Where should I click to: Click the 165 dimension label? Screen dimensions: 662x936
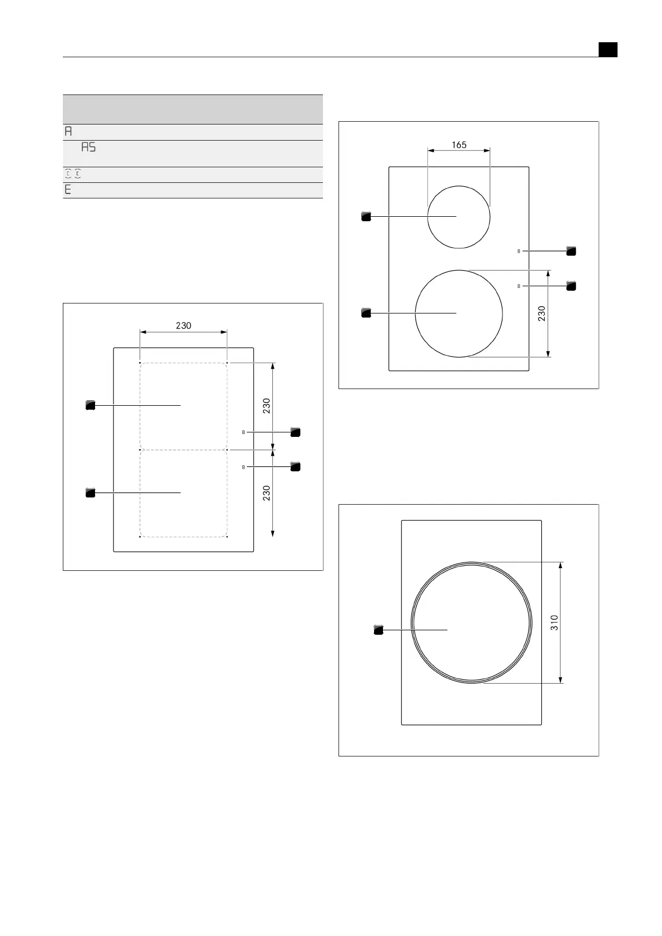pos(459,145)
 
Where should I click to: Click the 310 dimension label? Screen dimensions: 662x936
pos(554,623)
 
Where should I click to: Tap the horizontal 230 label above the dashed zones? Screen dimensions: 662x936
pos(183,326)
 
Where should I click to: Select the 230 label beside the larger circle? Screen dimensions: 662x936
pos(541,313)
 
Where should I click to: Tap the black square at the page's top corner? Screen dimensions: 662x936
pos(608,49)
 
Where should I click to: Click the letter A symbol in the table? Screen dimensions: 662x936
pos(68,131)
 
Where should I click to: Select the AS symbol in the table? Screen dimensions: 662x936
pos(88,147)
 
